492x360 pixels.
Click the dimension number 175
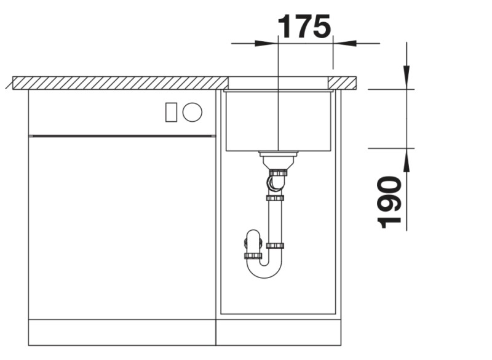304,26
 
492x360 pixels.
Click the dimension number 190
389,202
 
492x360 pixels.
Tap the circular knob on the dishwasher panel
192,112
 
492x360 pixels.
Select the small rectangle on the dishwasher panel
171,113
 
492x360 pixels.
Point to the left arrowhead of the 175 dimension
266,43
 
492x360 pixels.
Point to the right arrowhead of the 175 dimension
344,43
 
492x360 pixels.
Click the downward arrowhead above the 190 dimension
407,77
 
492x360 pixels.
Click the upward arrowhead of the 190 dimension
407,160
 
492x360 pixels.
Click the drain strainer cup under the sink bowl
278,160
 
